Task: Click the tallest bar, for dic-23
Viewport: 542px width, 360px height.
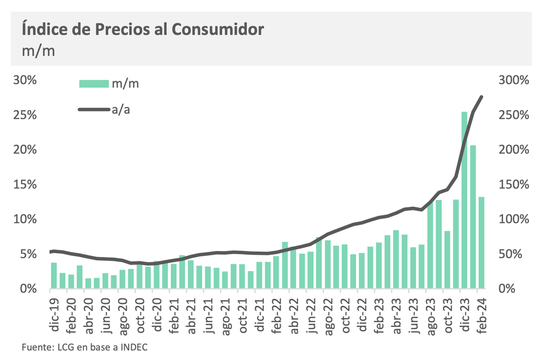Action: click(464, 201)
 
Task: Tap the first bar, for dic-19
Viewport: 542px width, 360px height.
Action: click(54, 275)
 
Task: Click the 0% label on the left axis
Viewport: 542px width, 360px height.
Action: click(28, 288)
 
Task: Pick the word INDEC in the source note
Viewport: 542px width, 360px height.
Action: click(133, 347)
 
